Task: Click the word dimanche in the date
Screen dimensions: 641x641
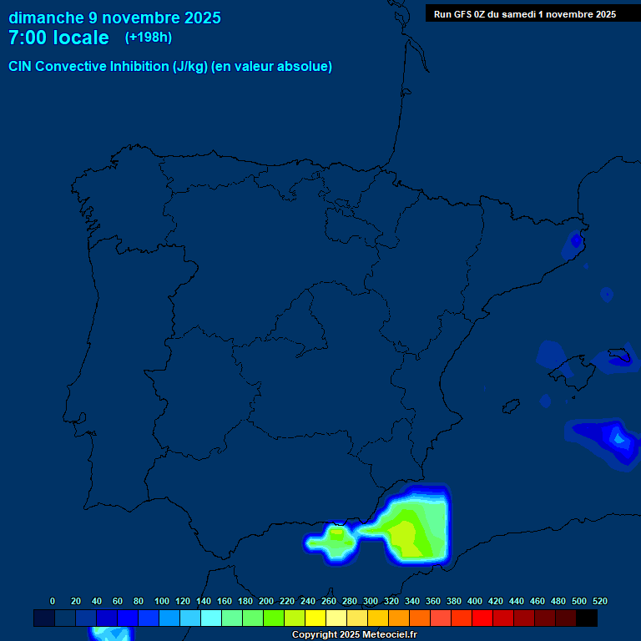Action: [47, 18]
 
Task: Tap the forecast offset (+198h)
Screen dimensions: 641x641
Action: [149, 38]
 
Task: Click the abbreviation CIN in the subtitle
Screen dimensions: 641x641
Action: [21, 67]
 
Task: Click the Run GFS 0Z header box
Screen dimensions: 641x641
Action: [525, 14]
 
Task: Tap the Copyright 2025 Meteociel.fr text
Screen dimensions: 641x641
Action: [354, 635]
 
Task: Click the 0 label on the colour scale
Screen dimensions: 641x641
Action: [53, 601]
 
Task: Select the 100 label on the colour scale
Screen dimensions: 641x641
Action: [162, 601]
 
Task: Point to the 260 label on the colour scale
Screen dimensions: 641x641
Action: [329, 601]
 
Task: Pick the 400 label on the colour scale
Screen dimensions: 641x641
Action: [475, 601]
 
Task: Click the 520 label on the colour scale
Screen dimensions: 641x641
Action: [599, 601]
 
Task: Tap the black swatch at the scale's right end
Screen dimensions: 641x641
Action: [587, 618]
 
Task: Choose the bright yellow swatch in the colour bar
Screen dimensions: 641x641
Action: [315, 618]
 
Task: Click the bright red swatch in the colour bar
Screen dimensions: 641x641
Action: [482, 618]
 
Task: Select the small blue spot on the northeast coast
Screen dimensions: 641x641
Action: [576, 241]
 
